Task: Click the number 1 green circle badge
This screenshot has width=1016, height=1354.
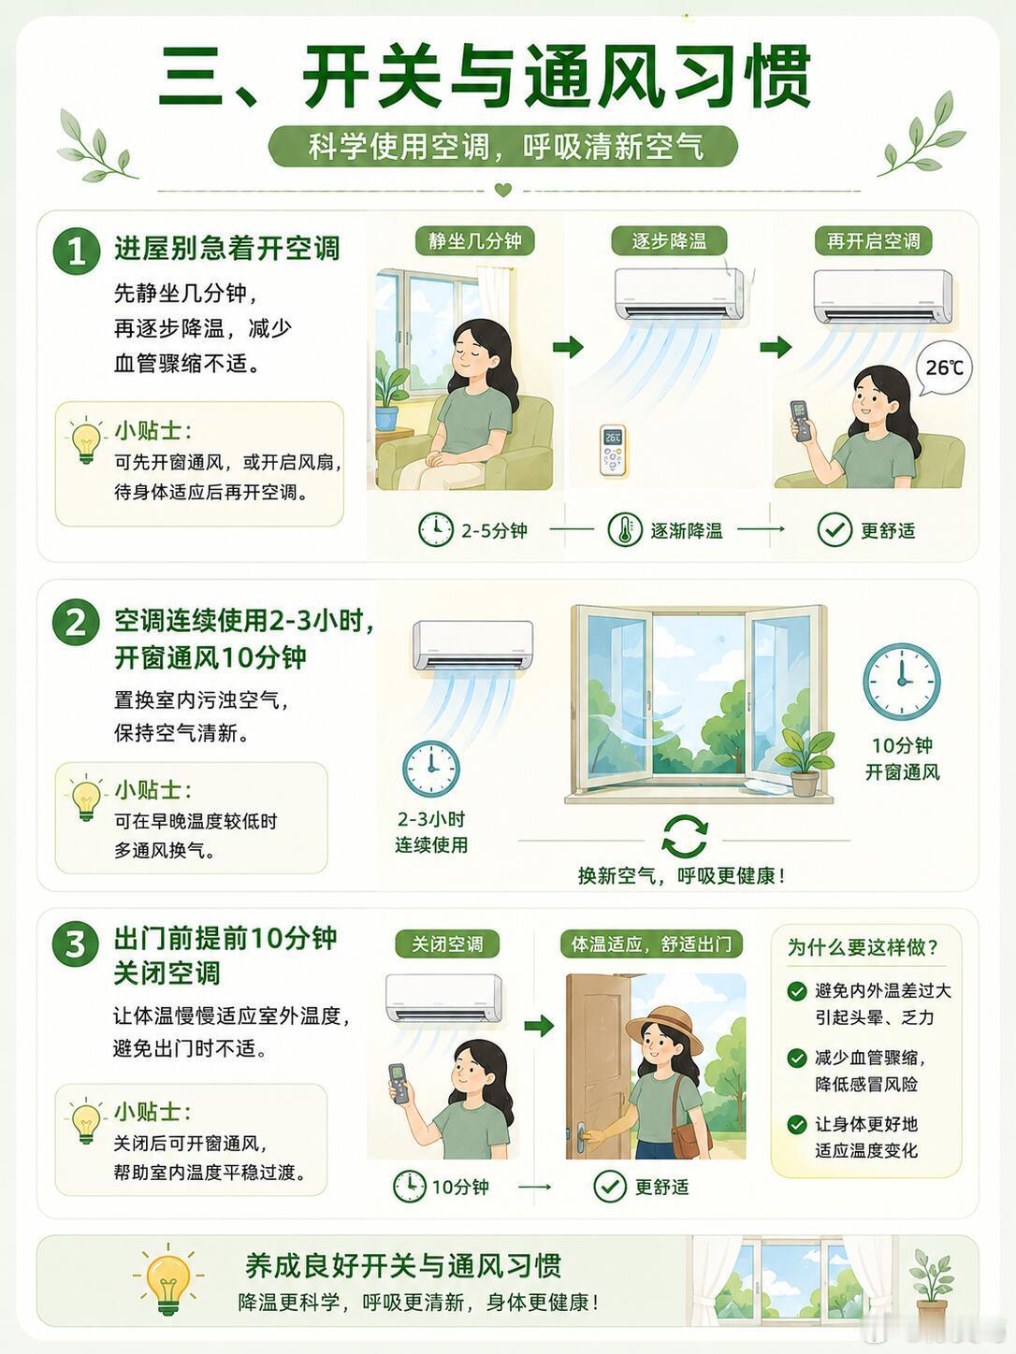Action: [x=77, y=251]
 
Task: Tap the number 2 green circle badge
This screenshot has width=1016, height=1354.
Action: [x=77, y=623]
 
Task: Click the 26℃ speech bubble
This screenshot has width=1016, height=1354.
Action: [x=944, y=368]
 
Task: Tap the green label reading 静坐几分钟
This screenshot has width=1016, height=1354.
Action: [x=474, y=240]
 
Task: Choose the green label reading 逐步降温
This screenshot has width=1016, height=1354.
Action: [x=669, y=240]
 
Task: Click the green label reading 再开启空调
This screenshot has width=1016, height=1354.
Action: [x=873, y=240]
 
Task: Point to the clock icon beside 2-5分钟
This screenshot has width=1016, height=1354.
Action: [x=436, y=529]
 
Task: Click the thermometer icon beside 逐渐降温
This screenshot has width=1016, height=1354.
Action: [x=624, y=529]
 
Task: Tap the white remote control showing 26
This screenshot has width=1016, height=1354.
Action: [x=613, y=450]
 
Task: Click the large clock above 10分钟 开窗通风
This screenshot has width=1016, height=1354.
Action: [x=901, y=682]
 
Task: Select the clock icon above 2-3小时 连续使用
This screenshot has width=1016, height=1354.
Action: [x=431, y=769]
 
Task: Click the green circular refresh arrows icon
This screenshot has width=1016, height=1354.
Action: [x=684, y=837]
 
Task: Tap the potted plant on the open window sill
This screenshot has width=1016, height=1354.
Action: [x=804, y=762]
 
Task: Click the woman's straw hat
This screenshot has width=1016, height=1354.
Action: [x=664, y=1028]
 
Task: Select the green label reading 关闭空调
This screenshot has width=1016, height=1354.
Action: [x=447, y=944]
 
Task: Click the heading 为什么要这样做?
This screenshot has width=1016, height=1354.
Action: [x=863, y=947]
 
